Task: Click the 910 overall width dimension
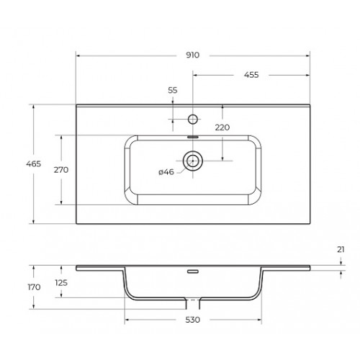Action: (193, 55)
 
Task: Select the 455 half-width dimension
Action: (251, 75)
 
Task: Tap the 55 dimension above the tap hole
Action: (173, 90)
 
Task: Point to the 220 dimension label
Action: (222, 127)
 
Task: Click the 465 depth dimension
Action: (34, 163)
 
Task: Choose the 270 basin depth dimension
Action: (61, 170)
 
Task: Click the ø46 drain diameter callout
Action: (166, 172)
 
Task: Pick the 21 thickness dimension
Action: (341, 250)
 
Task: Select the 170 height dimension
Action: (34, 287)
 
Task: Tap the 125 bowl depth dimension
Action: (61, 283)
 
